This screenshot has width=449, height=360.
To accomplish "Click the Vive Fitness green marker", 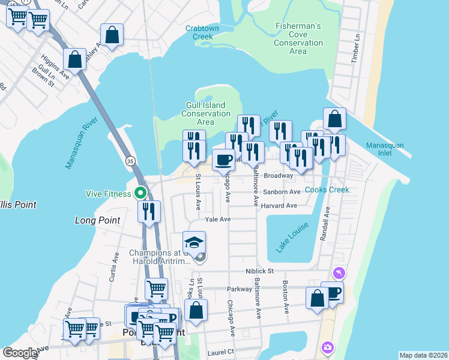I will tap(140, 193).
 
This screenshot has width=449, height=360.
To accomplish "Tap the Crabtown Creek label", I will tap(199, 32).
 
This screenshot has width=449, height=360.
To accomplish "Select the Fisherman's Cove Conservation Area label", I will tap(298, 38).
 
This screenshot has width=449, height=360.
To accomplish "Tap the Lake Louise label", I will tap(292, 237).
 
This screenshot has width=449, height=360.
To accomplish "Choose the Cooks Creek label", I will tap(327, 190).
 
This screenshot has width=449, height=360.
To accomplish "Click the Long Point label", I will tap(97, 220).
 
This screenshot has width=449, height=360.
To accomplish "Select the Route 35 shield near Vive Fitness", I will tap(130, 161).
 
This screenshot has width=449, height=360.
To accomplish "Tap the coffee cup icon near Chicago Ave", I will tap(223, 160).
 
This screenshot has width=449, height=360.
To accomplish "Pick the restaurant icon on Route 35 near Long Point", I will tap(149, 211).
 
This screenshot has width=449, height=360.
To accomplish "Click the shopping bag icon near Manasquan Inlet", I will tap(334, 119).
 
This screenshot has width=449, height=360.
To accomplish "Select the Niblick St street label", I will tap(259, 271).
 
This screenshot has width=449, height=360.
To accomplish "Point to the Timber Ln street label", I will tap(358, 46).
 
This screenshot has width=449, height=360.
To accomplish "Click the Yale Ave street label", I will tap(218, 220).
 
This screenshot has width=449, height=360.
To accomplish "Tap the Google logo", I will tap(20, 353).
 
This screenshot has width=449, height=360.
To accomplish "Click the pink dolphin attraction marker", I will tap(340, 273).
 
